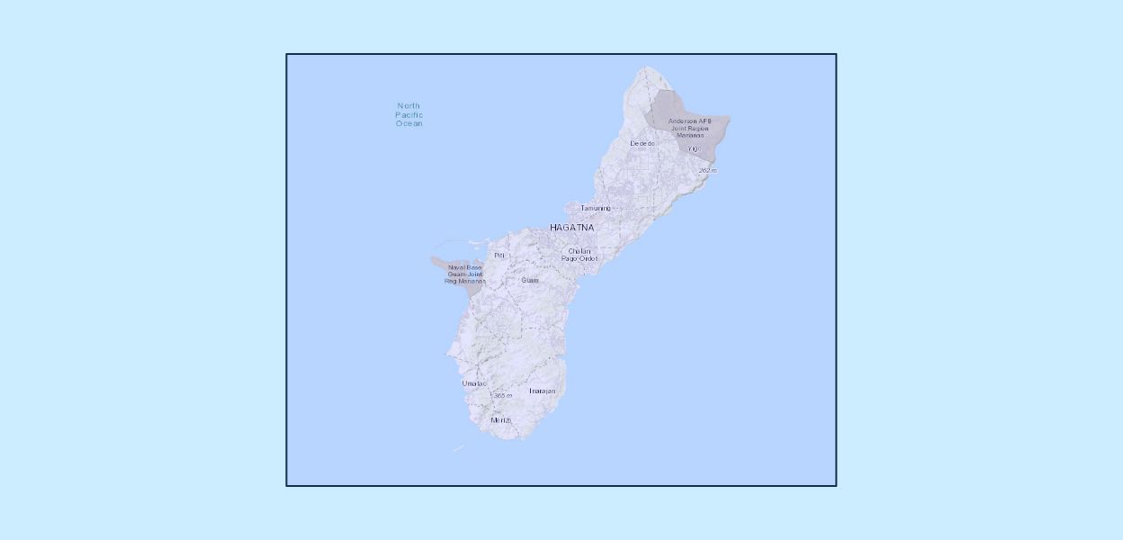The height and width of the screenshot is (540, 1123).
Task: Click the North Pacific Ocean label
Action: point(409,114)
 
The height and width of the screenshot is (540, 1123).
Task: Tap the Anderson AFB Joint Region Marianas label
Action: point(689,128)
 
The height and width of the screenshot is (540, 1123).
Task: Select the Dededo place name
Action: point(642,144)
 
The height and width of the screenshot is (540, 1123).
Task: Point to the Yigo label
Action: point(693,148)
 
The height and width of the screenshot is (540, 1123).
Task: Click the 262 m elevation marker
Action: point(707,170)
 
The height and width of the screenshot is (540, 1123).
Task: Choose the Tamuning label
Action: point(595,208)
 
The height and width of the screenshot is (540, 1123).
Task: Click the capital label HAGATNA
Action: point(571,228)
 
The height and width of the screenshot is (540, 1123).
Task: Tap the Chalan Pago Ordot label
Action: point(579,255)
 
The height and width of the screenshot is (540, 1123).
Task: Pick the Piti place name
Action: point(499,256)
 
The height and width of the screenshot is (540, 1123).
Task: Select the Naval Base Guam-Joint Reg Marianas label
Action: point(464,274)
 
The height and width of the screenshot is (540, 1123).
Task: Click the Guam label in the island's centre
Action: point(530,280)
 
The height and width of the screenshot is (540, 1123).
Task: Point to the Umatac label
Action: point(474,383)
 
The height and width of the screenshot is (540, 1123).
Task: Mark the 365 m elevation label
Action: point(502,395)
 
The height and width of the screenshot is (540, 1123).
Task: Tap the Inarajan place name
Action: point(542,391)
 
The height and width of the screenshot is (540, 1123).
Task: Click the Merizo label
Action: point(501,420)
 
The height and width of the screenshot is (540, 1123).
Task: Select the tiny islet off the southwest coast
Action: point(459,448)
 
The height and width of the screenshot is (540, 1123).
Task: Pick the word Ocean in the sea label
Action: point(409,123)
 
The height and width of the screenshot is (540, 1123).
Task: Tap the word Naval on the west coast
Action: point(456,267)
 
